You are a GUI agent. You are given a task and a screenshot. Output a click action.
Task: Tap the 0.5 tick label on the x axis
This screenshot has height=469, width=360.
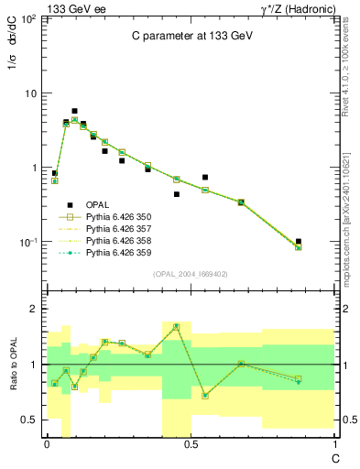coord(190,443)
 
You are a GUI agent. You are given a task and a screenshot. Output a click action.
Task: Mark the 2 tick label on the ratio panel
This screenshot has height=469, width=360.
coord(33,310)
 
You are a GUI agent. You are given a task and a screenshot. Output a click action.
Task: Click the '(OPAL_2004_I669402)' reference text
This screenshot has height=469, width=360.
coord(191,273)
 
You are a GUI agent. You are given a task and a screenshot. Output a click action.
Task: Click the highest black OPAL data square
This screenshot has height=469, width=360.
coord(74,111)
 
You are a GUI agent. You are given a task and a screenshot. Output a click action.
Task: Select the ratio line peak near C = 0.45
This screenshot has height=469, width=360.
coord(176,326)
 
